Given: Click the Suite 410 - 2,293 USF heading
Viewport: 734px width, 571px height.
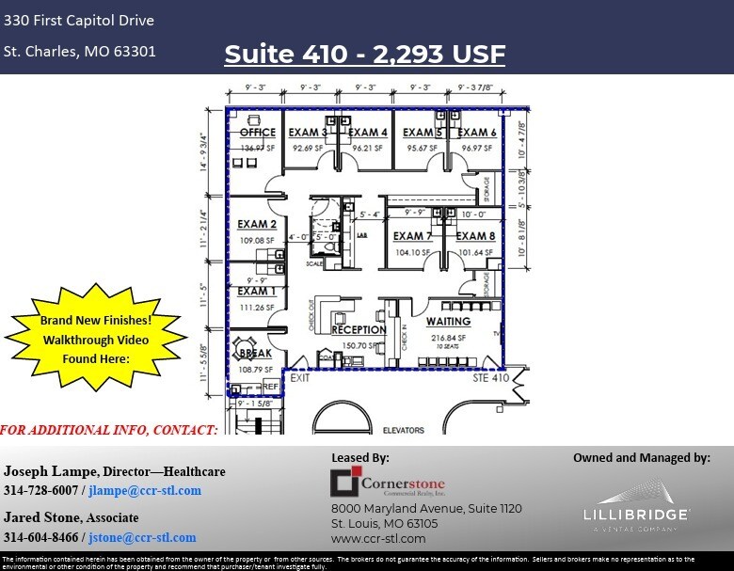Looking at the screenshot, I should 364,54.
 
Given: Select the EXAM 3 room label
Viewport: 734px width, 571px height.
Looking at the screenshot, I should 309,133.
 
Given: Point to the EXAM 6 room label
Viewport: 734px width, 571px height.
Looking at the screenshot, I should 478,133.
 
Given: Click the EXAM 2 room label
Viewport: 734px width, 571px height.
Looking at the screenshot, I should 256,225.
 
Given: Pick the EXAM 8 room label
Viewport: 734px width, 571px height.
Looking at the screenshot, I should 476,236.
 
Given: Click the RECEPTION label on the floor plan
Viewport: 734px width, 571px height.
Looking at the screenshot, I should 359,330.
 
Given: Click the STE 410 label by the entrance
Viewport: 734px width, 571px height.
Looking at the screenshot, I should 489,377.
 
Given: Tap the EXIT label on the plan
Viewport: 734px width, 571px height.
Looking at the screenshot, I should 299,377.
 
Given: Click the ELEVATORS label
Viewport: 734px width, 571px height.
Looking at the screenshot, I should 403,431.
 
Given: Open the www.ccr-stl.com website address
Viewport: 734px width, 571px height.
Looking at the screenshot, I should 378,538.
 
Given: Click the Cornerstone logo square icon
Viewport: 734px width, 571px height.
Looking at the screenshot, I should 345,484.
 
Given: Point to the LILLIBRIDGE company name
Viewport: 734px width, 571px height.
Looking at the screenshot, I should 635,515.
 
